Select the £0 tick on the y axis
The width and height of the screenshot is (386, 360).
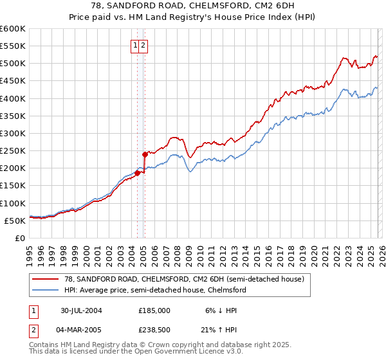coord(19,238)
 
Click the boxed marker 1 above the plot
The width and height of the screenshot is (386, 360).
coord(136,45)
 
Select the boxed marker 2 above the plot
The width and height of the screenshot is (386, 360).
coord(144,45)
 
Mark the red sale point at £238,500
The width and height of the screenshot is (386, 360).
coord(145,154)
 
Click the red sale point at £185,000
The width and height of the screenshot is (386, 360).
coord(138,172)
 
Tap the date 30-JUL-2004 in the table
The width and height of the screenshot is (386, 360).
coord(82,310)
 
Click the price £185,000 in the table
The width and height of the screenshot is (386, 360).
coord(154,310)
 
